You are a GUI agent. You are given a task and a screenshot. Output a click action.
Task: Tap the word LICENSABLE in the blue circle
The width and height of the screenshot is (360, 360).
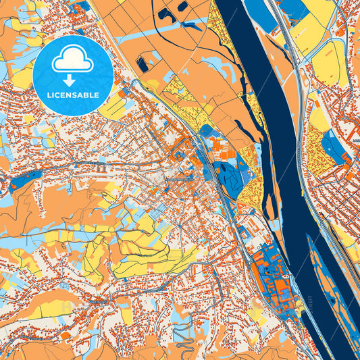(73, 95)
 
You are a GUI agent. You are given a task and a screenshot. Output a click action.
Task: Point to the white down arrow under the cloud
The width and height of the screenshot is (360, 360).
(73, 80)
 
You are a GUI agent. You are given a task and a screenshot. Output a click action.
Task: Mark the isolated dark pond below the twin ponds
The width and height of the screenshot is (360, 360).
(143, 65)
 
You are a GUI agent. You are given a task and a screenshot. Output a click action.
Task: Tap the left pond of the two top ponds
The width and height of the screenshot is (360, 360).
(165, 13)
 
